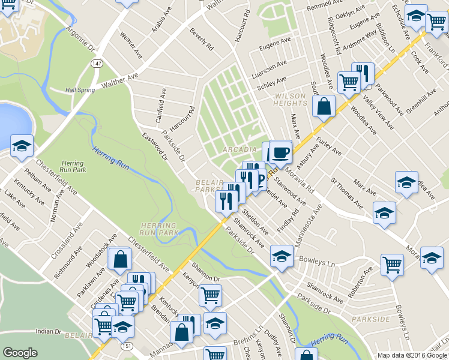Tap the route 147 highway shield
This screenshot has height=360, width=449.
(x=96, y=63)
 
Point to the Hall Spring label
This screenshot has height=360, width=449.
(x=80, y=90)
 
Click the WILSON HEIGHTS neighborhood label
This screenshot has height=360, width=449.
(x=291, y=100)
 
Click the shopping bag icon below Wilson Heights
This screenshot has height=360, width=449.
(x=324, y=107)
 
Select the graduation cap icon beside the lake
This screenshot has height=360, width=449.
(x=22, y=146)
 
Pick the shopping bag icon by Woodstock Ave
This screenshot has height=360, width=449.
(x=121, y=259)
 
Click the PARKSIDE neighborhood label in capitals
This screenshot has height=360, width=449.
(x=370, y=319)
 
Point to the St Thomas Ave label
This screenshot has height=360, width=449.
(x=347, y=193)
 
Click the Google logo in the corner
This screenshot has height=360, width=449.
(x=20, y=353)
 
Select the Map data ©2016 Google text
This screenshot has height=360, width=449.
(x=412, y=355)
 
